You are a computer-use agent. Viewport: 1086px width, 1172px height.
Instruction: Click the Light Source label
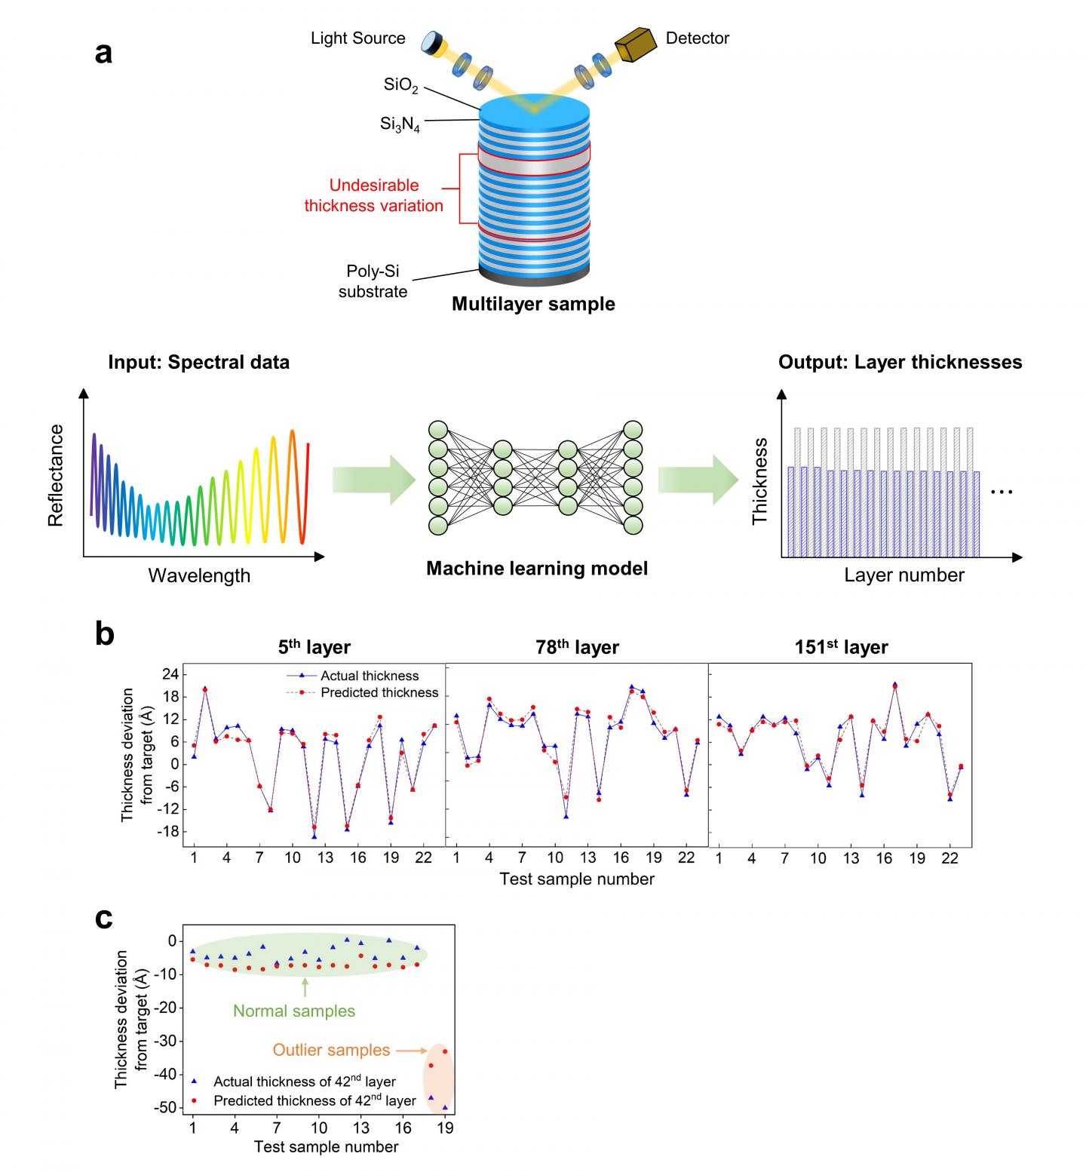coord(357,38)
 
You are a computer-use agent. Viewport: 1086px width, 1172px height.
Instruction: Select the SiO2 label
coord(400,85)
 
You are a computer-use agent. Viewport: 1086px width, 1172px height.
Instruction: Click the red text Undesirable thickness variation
coord(373,195)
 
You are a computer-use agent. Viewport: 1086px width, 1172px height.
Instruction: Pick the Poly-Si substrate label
coord(373,281)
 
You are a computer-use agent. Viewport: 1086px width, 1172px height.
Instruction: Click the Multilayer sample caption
coord(533,304)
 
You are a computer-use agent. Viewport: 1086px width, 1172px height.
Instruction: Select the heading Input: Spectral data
coord(198,362)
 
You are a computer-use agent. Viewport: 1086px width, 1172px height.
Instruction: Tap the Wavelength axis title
coord(199,575)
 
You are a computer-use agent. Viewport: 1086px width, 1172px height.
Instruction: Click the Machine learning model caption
coord(536,568)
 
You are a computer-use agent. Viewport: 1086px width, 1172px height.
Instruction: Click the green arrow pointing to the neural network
coord(373,480)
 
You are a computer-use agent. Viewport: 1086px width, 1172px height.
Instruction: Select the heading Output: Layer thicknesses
coord(900,362)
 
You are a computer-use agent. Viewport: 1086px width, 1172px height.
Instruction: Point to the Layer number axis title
coord(903,575)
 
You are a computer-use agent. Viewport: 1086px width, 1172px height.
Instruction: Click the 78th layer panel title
coord(577,647)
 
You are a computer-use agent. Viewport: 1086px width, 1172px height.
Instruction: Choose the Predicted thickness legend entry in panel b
coord(379,692)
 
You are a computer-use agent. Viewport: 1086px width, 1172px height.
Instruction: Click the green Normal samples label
coord(293,1011)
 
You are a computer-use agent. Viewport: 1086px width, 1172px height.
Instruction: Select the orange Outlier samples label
coord(331,1050)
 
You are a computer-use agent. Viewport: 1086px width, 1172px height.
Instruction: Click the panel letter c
coord(104,918)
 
